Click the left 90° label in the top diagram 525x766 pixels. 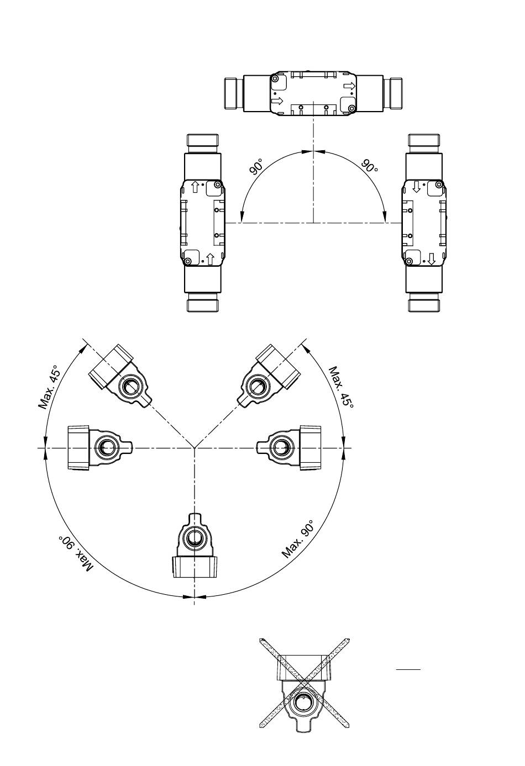pos(256,167)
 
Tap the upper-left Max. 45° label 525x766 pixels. pos(50,387)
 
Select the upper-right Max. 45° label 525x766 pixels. pos(341,387)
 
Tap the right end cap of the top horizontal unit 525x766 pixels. pos(393,94)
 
